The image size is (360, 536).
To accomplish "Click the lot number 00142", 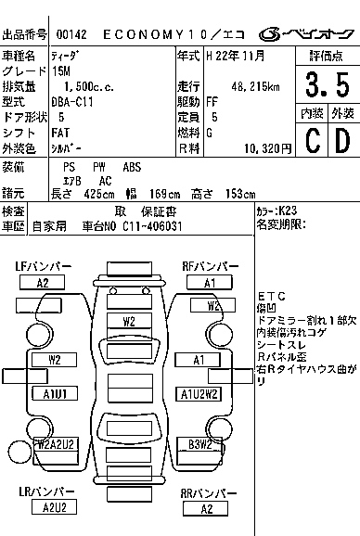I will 69,34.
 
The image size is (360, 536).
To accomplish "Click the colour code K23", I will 287,211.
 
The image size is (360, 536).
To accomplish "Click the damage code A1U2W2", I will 200,393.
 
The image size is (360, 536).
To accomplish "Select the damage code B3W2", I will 200,444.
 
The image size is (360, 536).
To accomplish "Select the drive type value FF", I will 212,101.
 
